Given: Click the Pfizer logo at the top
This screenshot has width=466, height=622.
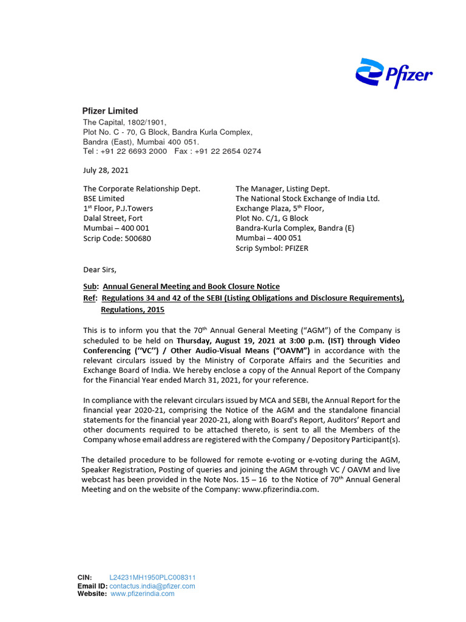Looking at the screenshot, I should tap(393, 74).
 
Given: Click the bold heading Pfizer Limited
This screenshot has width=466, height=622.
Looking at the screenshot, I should tap(110, 111).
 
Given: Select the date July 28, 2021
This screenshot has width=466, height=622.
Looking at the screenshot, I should tap(106, 170).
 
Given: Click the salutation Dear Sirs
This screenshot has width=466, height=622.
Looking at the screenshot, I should tap(99, 269).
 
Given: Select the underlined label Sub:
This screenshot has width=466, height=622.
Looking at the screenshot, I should tap(90, 286).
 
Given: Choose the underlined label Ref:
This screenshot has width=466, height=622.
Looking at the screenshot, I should tap(90, 298).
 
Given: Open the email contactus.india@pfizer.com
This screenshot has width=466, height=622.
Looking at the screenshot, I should tap(152, 586).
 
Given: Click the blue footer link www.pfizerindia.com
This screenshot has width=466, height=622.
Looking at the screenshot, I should tap(143, 594).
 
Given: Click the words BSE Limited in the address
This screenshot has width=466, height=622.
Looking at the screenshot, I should tap(103, 199).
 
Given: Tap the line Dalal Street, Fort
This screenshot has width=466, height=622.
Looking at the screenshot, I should tap(113, 218).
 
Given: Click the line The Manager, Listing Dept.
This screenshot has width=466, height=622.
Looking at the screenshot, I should tap(282, 189).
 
